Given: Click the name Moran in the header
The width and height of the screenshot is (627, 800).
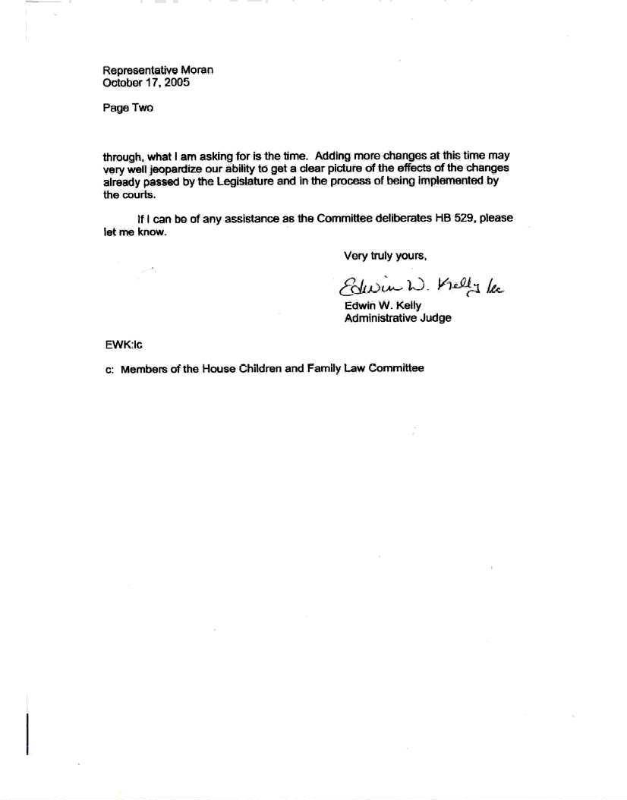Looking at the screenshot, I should point(197,70).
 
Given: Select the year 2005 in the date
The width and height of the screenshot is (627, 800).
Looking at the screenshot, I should point(176,82).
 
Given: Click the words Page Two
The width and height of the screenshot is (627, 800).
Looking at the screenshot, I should point(128,108).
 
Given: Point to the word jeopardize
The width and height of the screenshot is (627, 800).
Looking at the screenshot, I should point(173,168).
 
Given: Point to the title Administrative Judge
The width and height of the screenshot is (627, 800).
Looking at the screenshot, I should point(397,318).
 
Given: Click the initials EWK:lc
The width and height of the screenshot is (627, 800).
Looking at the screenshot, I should point(123,344).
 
